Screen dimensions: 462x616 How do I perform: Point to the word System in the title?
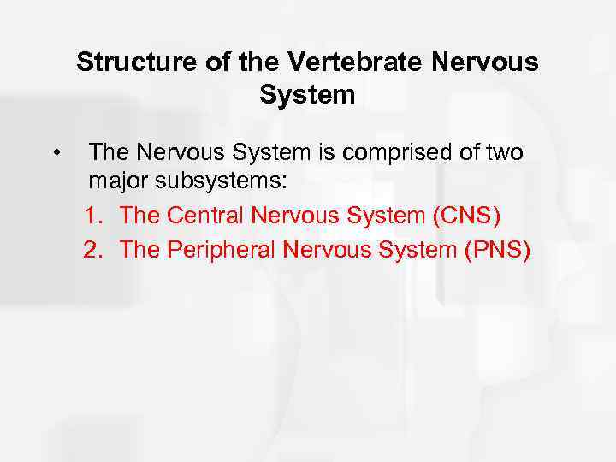tap(307, 94)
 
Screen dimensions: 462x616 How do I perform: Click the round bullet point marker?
tap(55, 154)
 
